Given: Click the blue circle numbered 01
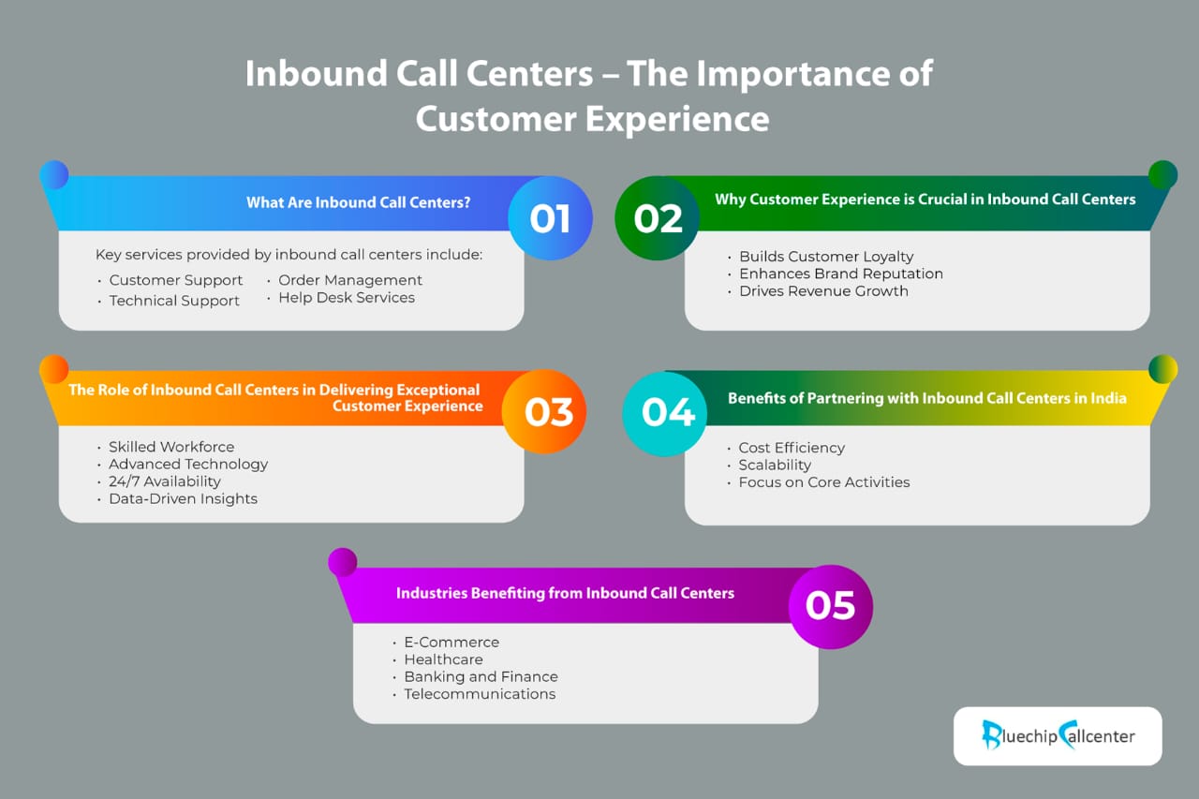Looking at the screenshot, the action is tap(550, 218).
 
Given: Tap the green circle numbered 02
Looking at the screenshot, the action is tap(658, 218).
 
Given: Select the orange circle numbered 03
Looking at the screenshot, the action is tap(544, 411).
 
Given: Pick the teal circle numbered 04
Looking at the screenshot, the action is tap(665, 414).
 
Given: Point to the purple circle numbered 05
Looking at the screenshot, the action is tap(831, 607).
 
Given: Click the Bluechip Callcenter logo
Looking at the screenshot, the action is tap(1058, 736).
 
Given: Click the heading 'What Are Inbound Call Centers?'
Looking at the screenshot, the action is tap(358, 202).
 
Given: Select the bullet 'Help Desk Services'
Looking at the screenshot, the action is tap(347, 298).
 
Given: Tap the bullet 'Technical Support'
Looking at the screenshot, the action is tap(174, 301).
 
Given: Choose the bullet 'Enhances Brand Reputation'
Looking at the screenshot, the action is tap(841, 274).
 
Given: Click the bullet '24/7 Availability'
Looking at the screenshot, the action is tap(164, 481).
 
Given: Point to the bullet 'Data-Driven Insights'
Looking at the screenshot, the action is tap(183, 498).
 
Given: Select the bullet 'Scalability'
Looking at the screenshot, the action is tap(775, 465).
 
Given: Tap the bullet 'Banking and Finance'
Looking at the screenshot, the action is tap(481, 676).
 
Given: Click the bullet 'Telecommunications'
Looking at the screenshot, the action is tap(480, 694).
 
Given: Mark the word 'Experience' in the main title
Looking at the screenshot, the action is tap(677, 119).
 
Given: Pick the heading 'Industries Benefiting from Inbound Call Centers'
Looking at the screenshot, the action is tap(565, 593).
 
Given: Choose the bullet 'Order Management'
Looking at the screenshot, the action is tap(350, 280).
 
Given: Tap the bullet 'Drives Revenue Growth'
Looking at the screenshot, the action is tap(823, 291).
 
